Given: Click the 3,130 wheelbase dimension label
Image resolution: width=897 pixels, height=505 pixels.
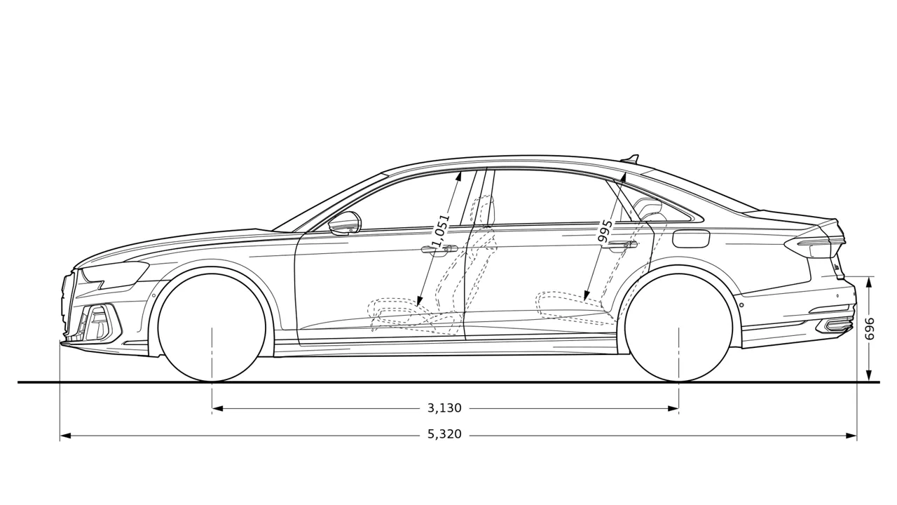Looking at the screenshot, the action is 444,408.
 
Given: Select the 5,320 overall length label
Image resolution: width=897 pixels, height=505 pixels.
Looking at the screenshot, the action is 444,434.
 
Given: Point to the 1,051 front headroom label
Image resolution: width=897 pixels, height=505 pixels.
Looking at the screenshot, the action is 441,231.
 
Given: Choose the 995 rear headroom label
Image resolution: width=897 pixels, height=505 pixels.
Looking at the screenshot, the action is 605,231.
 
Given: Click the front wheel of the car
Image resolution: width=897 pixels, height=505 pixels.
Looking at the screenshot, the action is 212,328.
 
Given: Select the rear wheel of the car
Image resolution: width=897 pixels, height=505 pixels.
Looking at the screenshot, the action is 679,328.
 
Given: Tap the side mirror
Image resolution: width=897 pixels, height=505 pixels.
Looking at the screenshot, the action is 345,223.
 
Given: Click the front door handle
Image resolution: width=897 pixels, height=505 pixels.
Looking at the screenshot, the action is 439,250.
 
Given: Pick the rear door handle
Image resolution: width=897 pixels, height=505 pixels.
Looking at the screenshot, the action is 620,245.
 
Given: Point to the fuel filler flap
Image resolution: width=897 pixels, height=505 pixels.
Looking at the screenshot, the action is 691,238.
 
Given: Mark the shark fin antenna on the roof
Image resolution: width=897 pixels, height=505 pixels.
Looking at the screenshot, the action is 630,159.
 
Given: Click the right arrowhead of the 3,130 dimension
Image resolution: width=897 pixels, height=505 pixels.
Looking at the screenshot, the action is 673,409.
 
